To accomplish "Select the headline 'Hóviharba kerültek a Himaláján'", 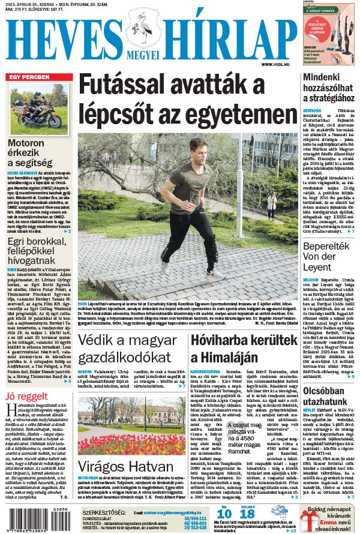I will coord(244,349).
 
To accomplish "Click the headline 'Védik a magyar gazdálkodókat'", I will coord(132,349).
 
